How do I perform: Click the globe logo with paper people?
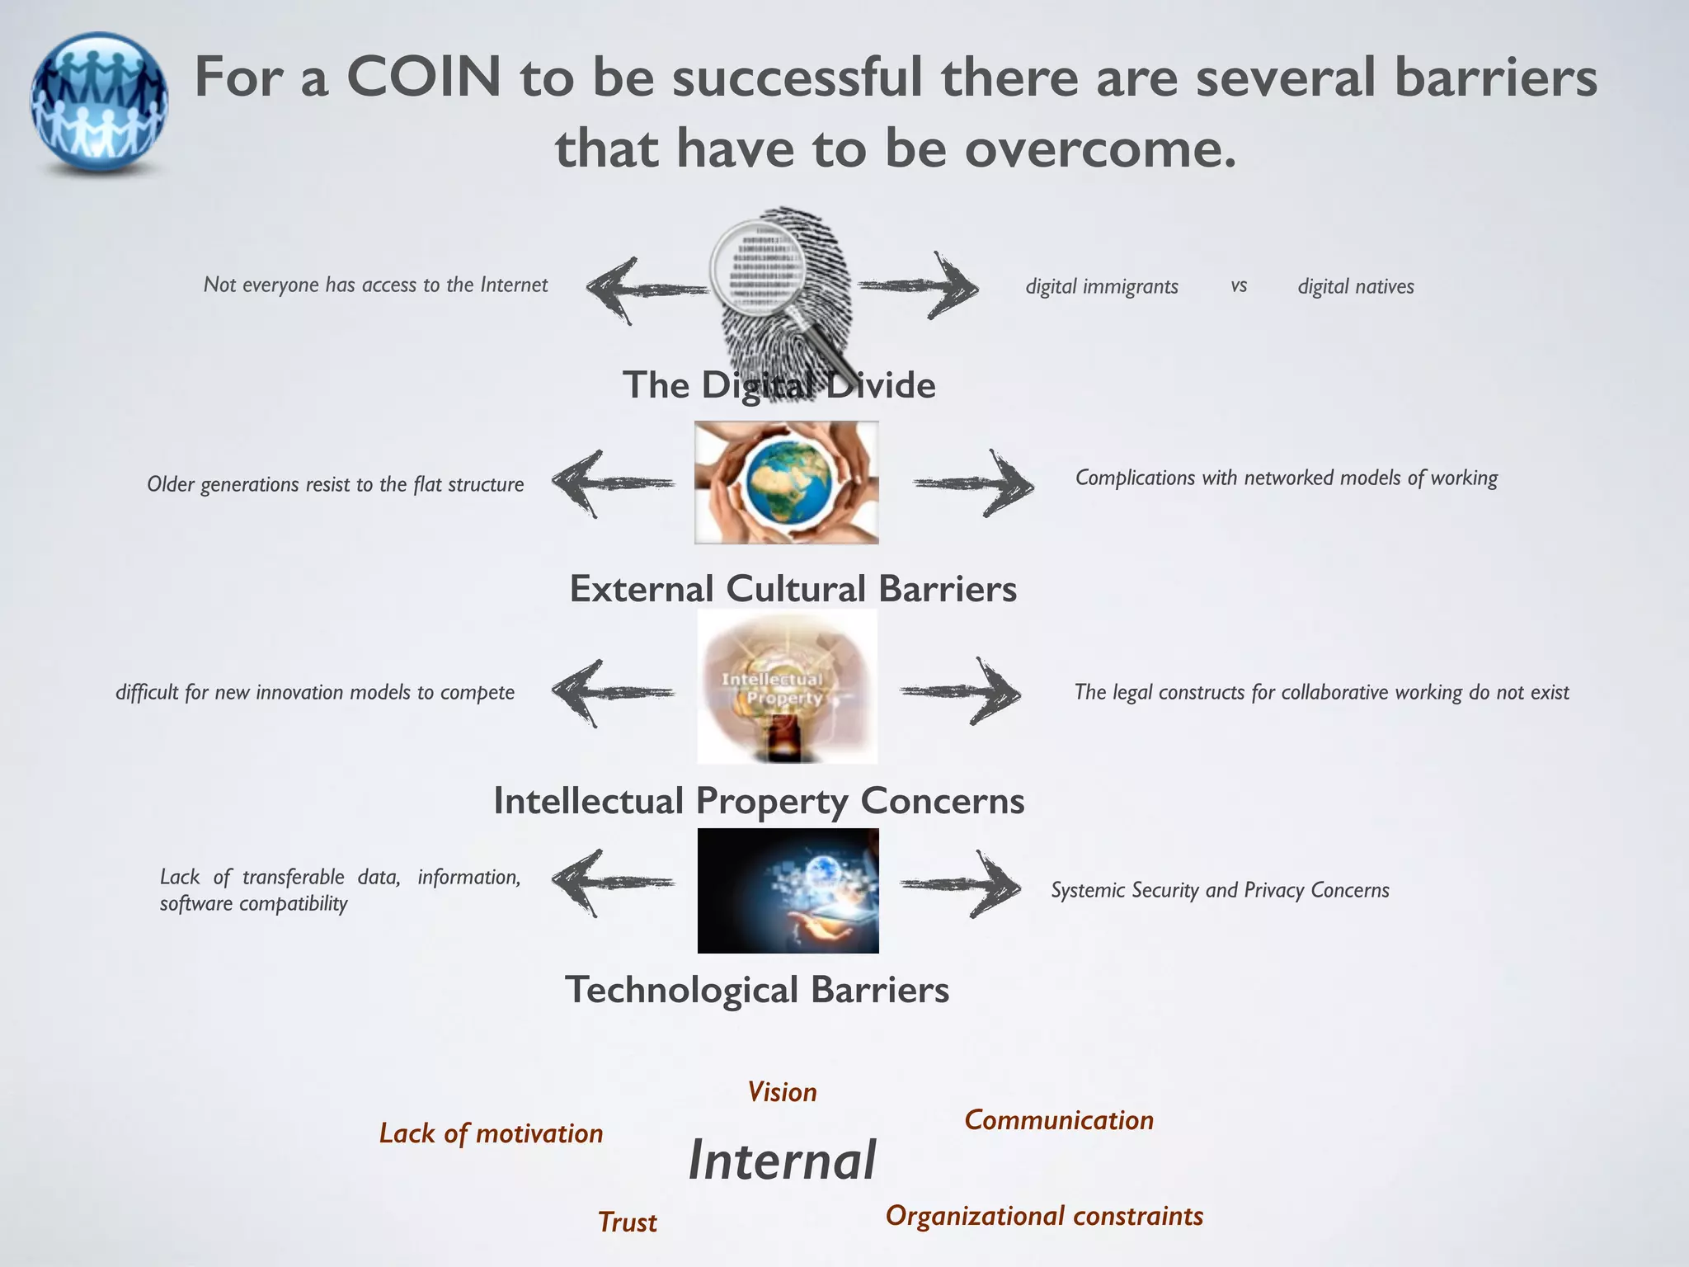point(99,103)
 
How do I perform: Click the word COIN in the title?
point(423,77)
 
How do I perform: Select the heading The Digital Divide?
point(779,385)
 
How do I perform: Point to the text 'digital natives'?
point(1355,286)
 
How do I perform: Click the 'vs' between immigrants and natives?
point(1238,285)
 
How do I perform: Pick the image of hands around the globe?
point(786,483)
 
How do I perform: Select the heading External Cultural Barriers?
point(793,589)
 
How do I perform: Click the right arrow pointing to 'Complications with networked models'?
point(974,483)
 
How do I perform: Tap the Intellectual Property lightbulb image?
point(787,687)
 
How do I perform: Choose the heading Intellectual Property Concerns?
point(759,801)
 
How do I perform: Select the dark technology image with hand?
point(788,891)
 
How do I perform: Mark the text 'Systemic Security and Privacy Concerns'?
point(1220,890)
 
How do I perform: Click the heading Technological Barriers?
point(757,990)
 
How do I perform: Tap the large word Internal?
point(782,1161)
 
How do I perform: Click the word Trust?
point(627,1222)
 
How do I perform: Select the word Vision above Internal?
point(782,1092)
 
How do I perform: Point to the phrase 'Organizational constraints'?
point(1044,1216)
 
